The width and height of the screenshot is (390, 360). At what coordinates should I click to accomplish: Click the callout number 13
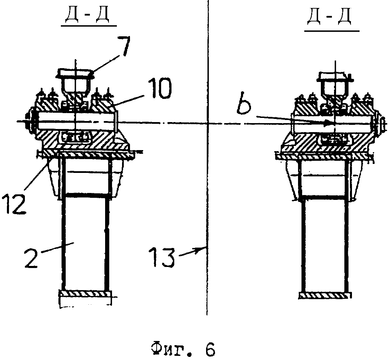[164, 257]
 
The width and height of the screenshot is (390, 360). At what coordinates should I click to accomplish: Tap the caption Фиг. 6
[183, 350]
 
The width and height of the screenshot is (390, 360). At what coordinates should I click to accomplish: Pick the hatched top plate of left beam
[86, 154]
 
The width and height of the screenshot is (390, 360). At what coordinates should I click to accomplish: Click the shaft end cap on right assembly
[380, 123]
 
